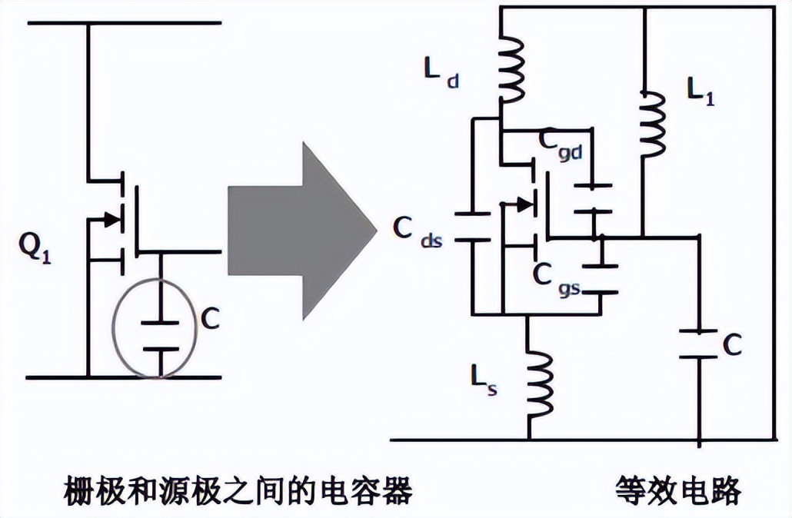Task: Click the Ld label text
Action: pos(441,72)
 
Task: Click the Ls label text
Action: pos(483,379)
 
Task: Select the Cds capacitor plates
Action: pos(472,227)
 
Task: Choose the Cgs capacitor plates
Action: pos(600,278)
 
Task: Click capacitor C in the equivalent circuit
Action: pos(698,344)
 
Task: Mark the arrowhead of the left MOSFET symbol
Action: pos(112,219)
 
